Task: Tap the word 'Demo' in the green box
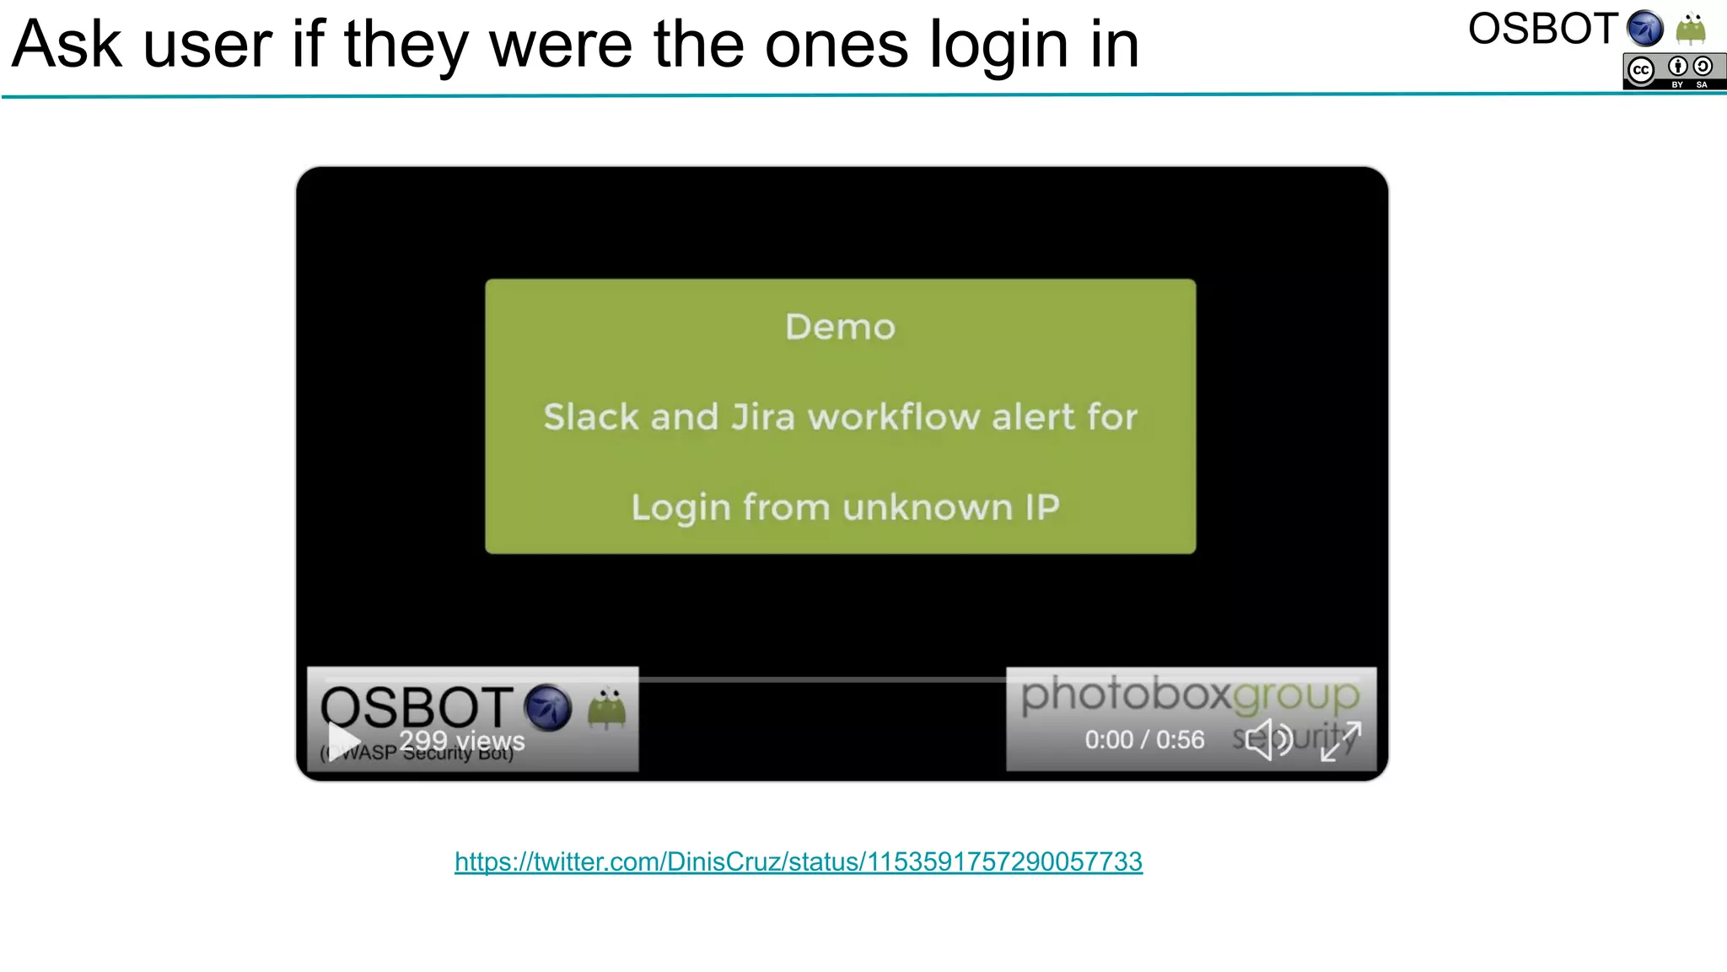840,327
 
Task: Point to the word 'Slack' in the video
589,418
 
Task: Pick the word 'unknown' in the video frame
928,508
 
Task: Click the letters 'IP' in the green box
1042,508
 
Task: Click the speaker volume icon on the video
1268,740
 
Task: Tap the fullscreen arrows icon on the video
1340,740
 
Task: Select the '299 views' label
461,741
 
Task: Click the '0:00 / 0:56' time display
1144,740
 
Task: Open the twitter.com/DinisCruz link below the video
798,861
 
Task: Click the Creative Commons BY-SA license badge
1674,71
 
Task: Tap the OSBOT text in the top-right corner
1542,30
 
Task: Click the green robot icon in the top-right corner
1691,29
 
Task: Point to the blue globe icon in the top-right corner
1644,29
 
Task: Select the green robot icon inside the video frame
606,708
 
